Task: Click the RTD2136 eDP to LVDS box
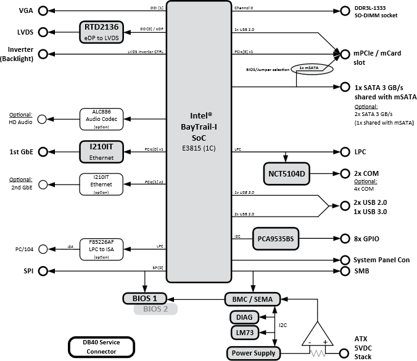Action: tap(102, 32)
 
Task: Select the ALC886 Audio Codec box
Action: tap(102, 118)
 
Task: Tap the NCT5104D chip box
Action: tap(286, 174)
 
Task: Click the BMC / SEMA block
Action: tap(253, 299)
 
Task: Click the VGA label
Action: tap(27, 11)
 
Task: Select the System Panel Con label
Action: tap(381, 260)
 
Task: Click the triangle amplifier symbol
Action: tap(318, 335)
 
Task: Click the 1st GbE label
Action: tap(21, 151)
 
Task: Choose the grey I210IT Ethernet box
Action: tap(102, 152)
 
